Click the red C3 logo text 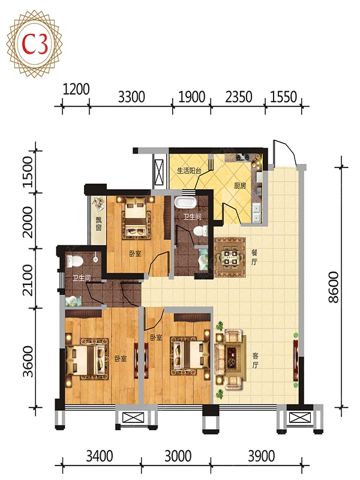[x=35, y=44]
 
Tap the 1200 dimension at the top [x=76, y=89]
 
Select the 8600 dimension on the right [x=334, y=287]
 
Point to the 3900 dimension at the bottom [x=261, y=456]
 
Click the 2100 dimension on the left [x=28, y=280]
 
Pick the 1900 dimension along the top [x=191, y=97]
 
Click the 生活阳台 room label [x=189, y=170]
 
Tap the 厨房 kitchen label [x=239, y=186]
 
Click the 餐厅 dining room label [x=254, y=257]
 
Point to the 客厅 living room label [x=256, y=361]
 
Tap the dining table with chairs [x=230, y=257]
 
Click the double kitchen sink [x=256, y=213]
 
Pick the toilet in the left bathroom [x=74, y=261]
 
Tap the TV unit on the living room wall [x=295, y=360]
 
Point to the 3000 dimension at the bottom [x=178, y=456]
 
